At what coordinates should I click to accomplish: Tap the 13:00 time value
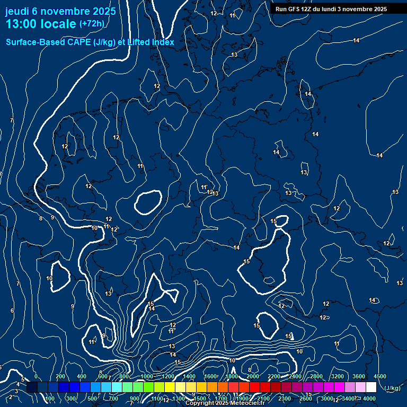coord(23,24)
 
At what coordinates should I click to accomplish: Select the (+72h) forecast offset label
coord(92,24)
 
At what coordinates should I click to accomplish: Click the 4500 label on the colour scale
coord(379,376)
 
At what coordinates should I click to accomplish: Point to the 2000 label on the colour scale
coord(253,376)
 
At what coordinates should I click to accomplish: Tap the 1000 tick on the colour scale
coord(147,376)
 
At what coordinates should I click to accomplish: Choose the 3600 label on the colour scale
coord(359,376)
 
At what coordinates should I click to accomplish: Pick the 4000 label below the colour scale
coord(369,399)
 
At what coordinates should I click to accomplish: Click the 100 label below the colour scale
coord(50,399)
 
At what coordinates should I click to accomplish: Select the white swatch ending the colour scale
coord(371,387)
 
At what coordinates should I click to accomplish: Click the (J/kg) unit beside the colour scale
coord(392,388)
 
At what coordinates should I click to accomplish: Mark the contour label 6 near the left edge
coord(12,311)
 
